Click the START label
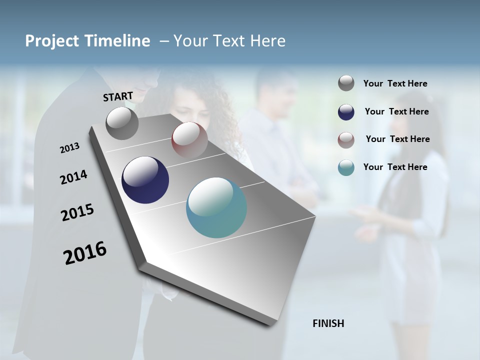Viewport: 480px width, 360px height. click(118, 96)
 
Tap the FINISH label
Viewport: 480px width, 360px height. click(328, 323)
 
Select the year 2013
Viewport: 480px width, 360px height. click(69, 148)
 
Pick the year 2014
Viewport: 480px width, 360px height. click(73, 177)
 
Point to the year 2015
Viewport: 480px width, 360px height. click(77, 212)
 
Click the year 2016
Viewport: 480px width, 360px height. click(85, 253)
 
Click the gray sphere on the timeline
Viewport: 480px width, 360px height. click(122, 123)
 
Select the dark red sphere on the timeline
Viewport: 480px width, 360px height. click(189, 139)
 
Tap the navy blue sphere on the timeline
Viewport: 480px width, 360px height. click(145, 180)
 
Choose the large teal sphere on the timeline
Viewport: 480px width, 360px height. click(216, 207)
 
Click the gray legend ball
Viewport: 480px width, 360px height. click(346, 83)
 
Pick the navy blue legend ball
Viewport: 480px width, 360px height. click(346, 112)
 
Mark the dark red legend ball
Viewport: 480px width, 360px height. click(346, 140)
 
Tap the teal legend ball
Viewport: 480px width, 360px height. click(346, 167)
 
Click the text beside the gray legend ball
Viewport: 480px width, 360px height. click(395, 84)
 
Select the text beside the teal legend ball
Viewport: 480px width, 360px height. click(395, 167)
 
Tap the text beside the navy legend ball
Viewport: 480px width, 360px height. click(396, 111)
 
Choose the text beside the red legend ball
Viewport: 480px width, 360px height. click(397, 139)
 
